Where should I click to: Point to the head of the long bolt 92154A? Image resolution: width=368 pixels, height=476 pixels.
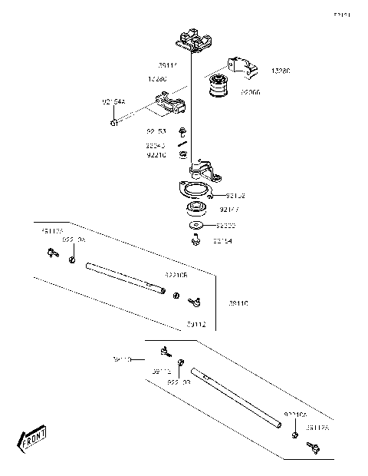[114, 121]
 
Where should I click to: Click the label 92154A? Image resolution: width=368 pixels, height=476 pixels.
[113, 101]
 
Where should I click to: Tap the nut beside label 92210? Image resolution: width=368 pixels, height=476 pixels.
[183, 155]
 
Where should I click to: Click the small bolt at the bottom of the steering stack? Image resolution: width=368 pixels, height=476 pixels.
[196, 241]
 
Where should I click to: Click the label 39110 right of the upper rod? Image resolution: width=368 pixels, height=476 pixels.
[239, 303]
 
